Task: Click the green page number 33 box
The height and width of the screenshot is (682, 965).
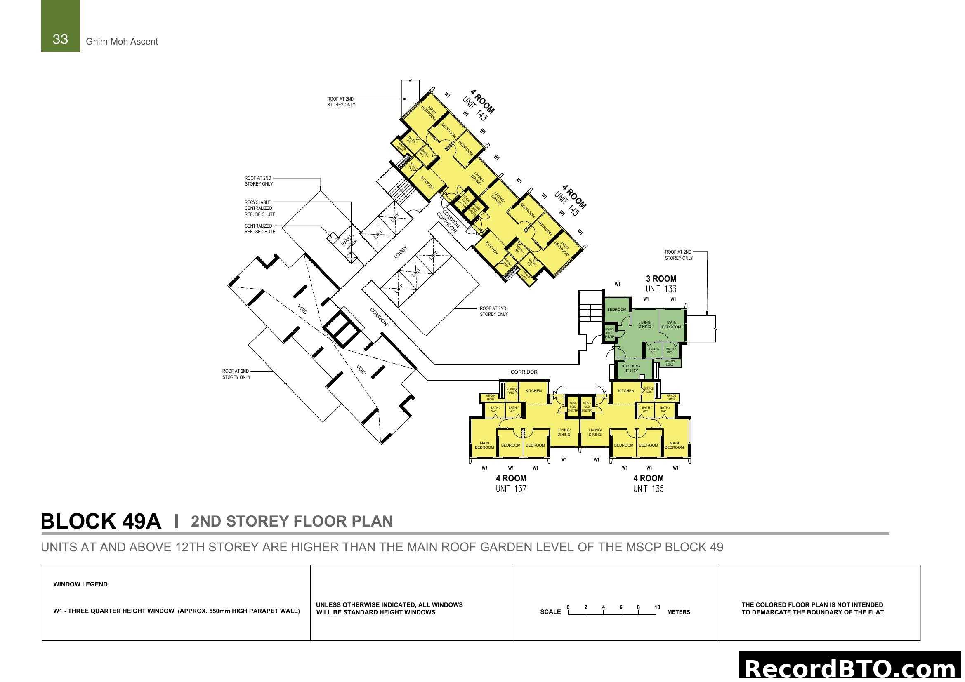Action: [60, 26]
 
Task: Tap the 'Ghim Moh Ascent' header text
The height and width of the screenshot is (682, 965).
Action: [122, 42]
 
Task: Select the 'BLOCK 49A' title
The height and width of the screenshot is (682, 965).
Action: [101, 521]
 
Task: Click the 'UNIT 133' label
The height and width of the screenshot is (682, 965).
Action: [661, 289]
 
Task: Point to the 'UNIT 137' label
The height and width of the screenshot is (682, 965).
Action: [511, 488]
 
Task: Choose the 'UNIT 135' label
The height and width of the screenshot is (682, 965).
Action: [648, 488]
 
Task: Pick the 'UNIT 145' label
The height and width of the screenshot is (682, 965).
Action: [567, 204]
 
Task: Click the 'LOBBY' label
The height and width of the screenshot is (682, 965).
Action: [400, 252]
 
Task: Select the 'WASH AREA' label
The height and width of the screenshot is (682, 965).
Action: [349, 242]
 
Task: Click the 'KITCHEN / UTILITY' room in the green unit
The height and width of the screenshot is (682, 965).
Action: [631, 368]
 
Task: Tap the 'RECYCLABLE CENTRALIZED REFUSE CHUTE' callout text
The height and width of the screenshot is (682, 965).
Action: [260, 208]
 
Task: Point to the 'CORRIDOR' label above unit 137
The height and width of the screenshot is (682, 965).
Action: [524, 372]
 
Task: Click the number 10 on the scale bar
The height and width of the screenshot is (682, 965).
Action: [657, 607]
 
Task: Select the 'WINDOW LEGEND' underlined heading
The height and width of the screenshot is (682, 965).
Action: [80, 584]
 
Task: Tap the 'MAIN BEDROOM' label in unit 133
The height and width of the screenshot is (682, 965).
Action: [671, 325]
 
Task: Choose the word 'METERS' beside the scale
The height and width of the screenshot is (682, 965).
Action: [678, 612]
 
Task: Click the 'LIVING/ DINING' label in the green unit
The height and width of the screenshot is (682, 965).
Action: [644, 324]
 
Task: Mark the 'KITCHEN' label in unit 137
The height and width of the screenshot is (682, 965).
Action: [533, 390]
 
